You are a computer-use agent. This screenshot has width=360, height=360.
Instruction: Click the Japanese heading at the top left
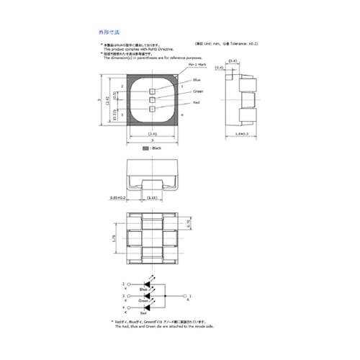point(109,32)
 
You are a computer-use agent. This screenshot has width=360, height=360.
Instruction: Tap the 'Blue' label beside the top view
point(197,81)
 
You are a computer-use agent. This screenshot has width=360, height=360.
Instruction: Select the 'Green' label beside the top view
point(198,91)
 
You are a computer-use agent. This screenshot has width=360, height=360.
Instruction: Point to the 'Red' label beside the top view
point(196,104)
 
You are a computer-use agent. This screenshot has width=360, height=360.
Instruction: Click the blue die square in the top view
point(152,91)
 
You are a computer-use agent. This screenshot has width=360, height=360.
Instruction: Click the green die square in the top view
point(152,100)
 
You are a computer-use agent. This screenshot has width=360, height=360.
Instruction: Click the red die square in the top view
point(152,109)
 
